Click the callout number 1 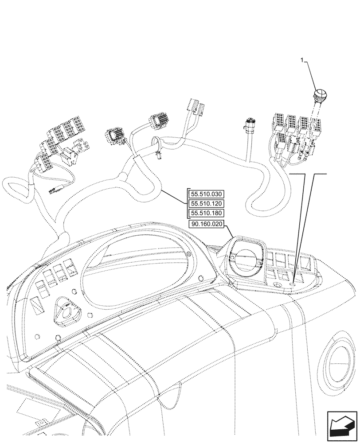pos(302,60)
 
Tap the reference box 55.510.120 pos(207,204)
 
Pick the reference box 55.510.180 pos(207,213)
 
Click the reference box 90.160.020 pos(207,224)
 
